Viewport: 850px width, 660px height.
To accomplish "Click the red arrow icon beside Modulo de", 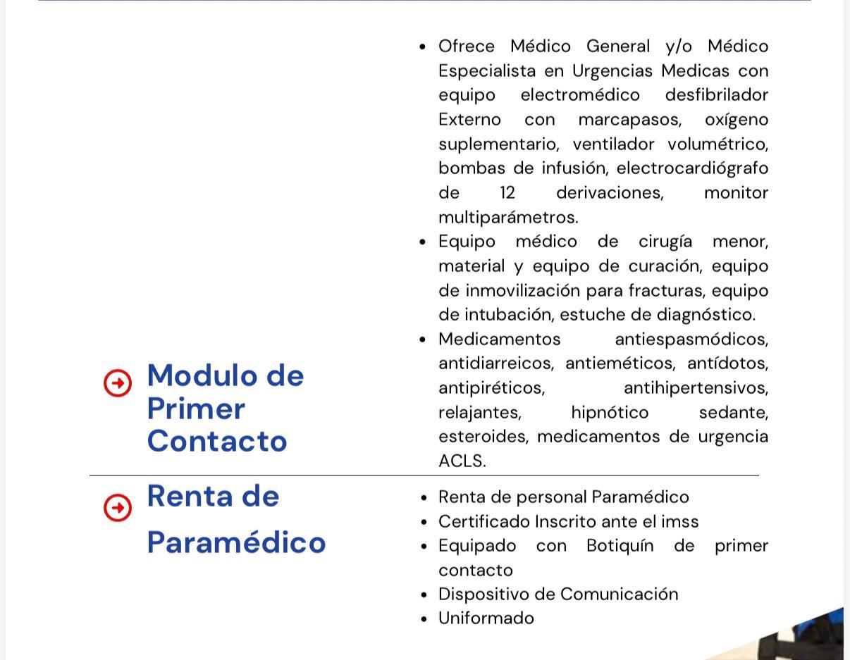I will click(x=118, y=384).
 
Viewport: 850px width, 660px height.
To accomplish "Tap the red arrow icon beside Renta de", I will click(x=118, y=507).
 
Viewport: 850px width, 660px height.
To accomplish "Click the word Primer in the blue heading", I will click(x=196, y=409).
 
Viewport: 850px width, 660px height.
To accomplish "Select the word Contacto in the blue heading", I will click(x=217, y=441).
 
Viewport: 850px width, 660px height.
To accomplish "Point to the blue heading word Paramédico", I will click(x=236, y=542).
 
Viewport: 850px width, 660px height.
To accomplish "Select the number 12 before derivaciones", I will click(x=507, y=193).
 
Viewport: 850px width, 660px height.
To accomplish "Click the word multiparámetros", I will click(x=507, y=217).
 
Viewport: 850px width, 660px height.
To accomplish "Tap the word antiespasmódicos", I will click(x=691, y=340).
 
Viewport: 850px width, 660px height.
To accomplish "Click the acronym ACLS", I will click(x=462, y=461).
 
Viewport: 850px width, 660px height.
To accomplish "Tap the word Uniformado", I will click(x=486, y=618).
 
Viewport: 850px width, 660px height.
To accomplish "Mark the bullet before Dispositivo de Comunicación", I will click(x=423, y=595).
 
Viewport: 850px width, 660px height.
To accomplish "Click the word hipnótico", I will click(x=610, y=413).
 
